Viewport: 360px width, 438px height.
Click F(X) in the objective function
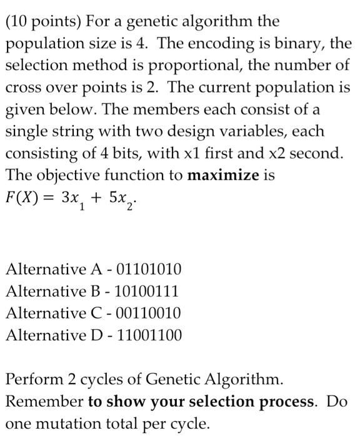click(22, 198)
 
